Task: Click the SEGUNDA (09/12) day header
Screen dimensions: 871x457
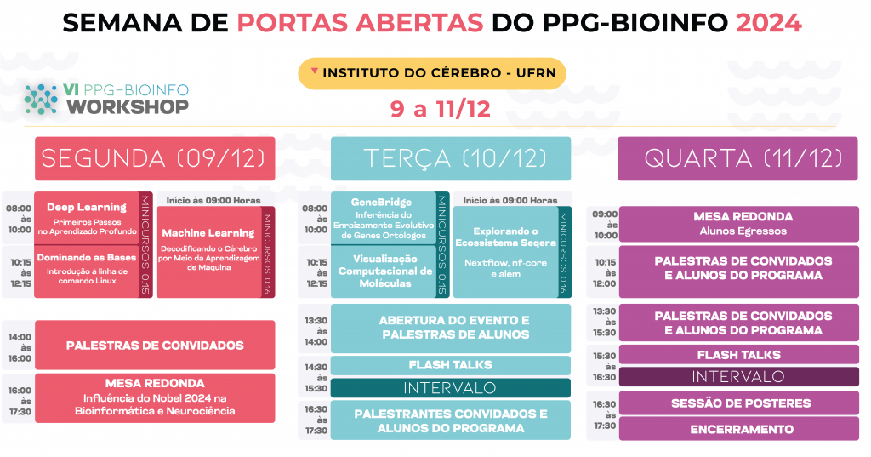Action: (x=155, y=158)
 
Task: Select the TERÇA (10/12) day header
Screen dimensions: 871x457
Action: (x=451, y=158)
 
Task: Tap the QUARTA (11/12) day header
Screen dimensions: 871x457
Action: (x=737, y=158)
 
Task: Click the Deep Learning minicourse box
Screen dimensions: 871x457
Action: (x=87, y=218)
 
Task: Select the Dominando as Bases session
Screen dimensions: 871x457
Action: (x=87, y=271)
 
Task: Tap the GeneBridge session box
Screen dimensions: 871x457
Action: (x=384, y=218)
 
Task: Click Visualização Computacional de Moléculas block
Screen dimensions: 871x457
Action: (x=384, y=271)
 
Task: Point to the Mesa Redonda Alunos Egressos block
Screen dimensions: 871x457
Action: (x=739, y=224)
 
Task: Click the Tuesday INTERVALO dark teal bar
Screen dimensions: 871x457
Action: (x=451, y=387)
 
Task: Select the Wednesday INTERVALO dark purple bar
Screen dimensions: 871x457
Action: (x=739, y=376)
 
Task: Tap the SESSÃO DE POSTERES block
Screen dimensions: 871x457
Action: (x=739, y=403)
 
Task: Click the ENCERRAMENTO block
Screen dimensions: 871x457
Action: (x=739, y=429)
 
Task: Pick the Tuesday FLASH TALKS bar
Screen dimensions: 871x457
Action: (x=451, y=365)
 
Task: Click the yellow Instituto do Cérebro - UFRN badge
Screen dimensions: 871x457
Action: (x=432, y=73)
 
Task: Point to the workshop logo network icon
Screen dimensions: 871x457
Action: (x=41, y=100)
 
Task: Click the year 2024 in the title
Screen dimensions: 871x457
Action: (x=768, y=23)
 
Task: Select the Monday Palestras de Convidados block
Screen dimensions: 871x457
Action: (x=155, y=345)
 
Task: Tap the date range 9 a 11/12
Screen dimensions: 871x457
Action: (x=440, y=108)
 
